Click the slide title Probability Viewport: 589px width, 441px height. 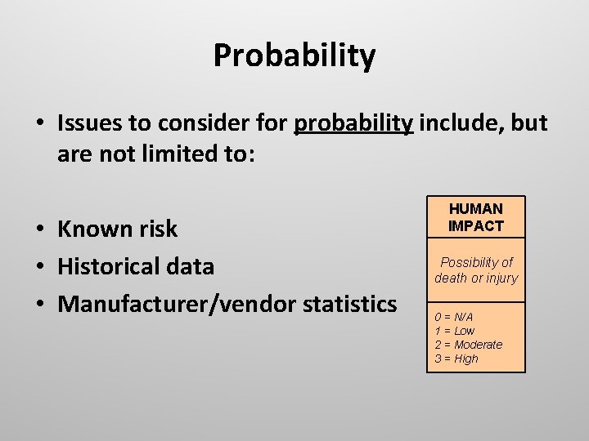click(294, 56)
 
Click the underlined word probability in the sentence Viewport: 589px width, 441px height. click(353, 123)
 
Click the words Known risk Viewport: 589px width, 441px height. click(117, 229)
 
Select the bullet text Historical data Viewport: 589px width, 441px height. click(136, 266)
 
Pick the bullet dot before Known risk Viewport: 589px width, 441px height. click(40, 229)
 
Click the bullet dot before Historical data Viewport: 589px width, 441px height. click(40, 267)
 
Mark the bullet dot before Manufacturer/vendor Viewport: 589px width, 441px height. click(40, 305)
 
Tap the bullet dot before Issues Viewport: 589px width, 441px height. click(40, 124)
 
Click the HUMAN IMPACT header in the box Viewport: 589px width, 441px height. click(476, 217)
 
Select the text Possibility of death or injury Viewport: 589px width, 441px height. click(476, 270)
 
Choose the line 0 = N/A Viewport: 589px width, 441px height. click(453, 317)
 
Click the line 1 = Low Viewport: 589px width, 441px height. click(454, 331)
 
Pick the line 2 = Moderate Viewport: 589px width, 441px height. click(468, 345)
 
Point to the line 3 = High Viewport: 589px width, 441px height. click(456, 359)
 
